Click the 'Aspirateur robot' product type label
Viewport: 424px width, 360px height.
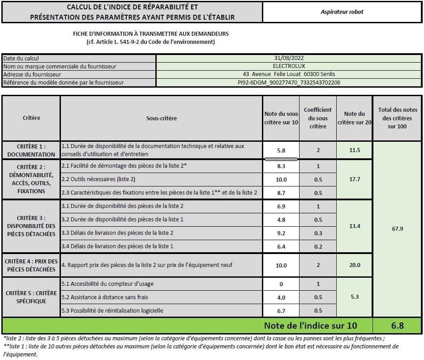tap(342, 12)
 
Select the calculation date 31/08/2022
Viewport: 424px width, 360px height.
tap(289, 58)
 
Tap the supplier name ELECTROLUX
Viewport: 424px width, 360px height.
tap(289, 66)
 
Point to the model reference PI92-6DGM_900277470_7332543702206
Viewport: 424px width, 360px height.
tap(289, 83)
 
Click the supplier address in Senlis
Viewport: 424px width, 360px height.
tap(289, 74)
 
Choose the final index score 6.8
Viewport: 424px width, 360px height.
tap(397, 326)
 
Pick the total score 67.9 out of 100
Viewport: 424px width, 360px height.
tap(397, 229)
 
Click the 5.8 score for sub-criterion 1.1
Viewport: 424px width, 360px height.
tap(281, 151)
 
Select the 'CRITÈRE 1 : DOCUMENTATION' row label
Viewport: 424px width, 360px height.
tap(31, 150)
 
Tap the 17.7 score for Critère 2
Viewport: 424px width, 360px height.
tap(354, 179)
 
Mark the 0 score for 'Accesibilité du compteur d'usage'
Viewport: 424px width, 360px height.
tap(281, 284)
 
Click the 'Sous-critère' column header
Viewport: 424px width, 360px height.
tap(161, 119)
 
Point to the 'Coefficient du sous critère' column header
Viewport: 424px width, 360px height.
tap(318, 118)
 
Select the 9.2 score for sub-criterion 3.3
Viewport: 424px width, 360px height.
tap(281, 233)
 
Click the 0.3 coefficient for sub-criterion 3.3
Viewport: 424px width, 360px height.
tap(318, 233)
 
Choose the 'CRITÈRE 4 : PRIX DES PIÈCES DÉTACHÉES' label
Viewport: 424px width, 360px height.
tap(31, 265)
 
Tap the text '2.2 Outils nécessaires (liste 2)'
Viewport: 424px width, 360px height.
tap(98, 179)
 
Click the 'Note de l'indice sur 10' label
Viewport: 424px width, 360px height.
tap(310, 326)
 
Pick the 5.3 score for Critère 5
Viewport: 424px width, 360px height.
tap(354, 297)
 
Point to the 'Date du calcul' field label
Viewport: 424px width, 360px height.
tap(21, 58)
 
